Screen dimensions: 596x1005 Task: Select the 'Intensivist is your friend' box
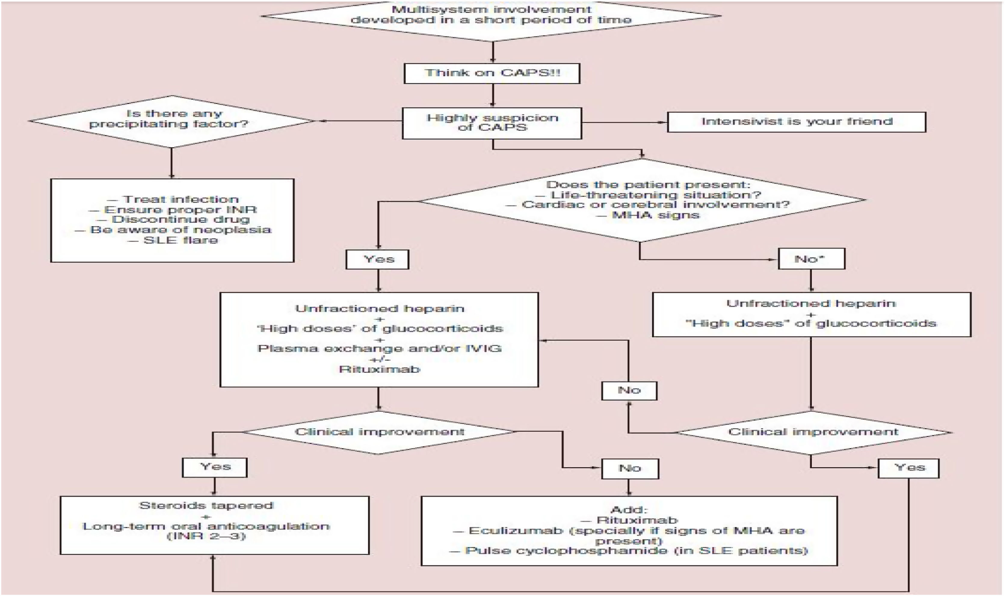click(x=797, y=122)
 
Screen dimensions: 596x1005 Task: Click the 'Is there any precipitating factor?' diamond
click(x=171, y=121)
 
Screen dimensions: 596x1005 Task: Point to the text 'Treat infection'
click(x=181, y=199)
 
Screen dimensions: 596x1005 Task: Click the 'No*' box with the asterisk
click(x=811, y=259)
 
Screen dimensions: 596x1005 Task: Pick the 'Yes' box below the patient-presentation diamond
click(x=378, y=259)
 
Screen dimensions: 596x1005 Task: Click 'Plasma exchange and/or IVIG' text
click(x=379, y=348)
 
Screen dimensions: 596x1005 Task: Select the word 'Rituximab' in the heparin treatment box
click(x=379, y=369)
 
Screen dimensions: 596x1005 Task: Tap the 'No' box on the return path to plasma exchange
click(x=629, y=390)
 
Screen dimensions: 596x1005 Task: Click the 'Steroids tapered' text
click(x=206, y=505)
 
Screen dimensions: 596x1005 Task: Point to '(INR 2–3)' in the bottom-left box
click(x=206, y=536)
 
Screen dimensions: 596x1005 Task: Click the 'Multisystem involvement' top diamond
click(x=491, y=16)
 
